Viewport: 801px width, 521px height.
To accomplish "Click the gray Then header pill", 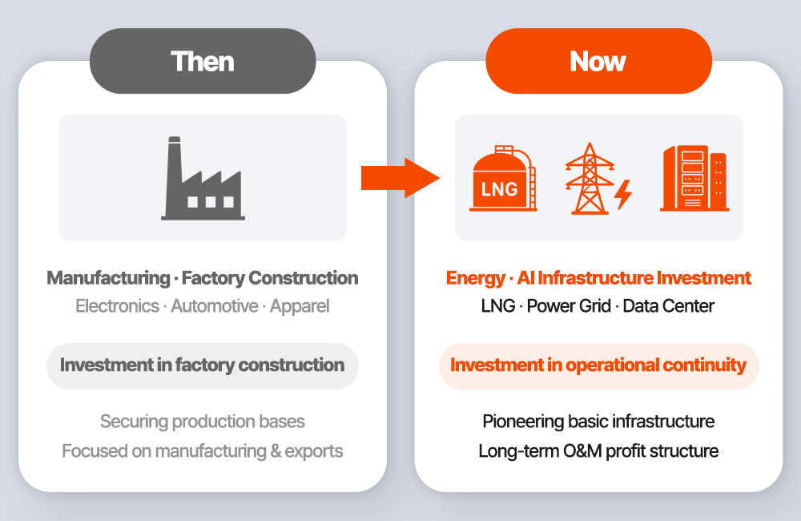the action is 203,61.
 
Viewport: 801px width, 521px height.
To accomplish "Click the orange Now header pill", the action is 598,61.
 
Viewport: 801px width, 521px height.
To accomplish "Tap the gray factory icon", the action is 203,179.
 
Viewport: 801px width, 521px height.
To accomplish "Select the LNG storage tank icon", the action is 503,178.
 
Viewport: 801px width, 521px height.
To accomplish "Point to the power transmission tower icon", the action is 590,179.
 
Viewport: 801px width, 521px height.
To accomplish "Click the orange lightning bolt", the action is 623,195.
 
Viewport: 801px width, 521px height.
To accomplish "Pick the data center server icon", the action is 694,178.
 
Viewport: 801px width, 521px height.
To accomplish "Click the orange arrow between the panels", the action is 400,178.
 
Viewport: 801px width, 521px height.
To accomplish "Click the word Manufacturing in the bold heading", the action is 108,278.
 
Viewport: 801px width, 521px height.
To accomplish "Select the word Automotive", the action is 215,306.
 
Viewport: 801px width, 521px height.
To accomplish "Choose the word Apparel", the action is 300,307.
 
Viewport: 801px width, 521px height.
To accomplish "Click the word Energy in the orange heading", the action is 476,279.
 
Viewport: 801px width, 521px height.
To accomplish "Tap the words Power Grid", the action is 569,306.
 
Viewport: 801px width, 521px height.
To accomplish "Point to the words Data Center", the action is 669,306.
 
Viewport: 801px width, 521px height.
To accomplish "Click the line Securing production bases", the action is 203,422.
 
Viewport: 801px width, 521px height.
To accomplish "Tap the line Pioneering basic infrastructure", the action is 598,422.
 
